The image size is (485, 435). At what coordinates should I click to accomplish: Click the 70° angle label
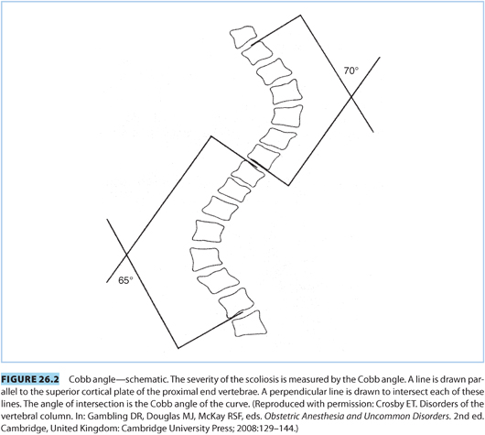351,71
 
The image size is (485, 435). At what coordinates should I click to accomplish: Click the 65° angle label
125,280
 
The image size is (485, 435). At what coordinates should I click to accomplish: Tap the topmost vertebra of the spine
243,37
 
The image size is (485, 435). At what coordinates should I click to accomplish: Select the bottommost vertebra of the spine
249,323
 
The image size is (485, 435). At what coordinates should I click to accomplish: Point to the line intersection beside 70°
351,97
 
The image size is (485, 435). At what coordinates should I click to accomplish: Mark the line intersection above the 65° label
126,255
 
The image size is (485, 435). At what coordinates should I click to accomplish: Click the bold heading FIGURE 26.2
29,379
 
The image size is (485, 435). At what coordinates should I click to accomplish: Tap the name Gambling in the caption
104,417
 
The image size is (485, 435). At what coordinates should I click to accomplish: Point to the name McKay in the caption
208,417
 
